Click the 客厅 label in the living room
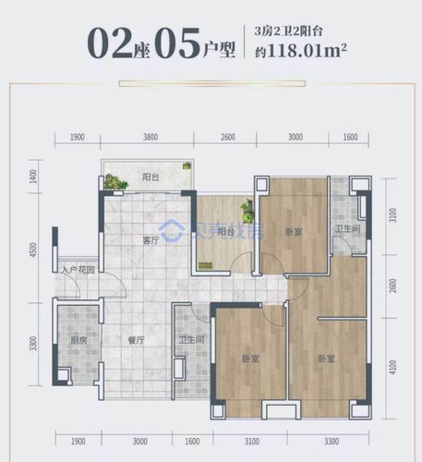pos(151,239)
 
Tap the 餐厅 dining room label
pos(137,340)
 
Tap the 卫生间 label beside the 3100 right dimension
pos(346,229)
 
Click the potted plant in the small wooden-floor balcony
pos(247,211)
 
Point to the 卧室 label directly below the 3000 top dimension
pos(294,232)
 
